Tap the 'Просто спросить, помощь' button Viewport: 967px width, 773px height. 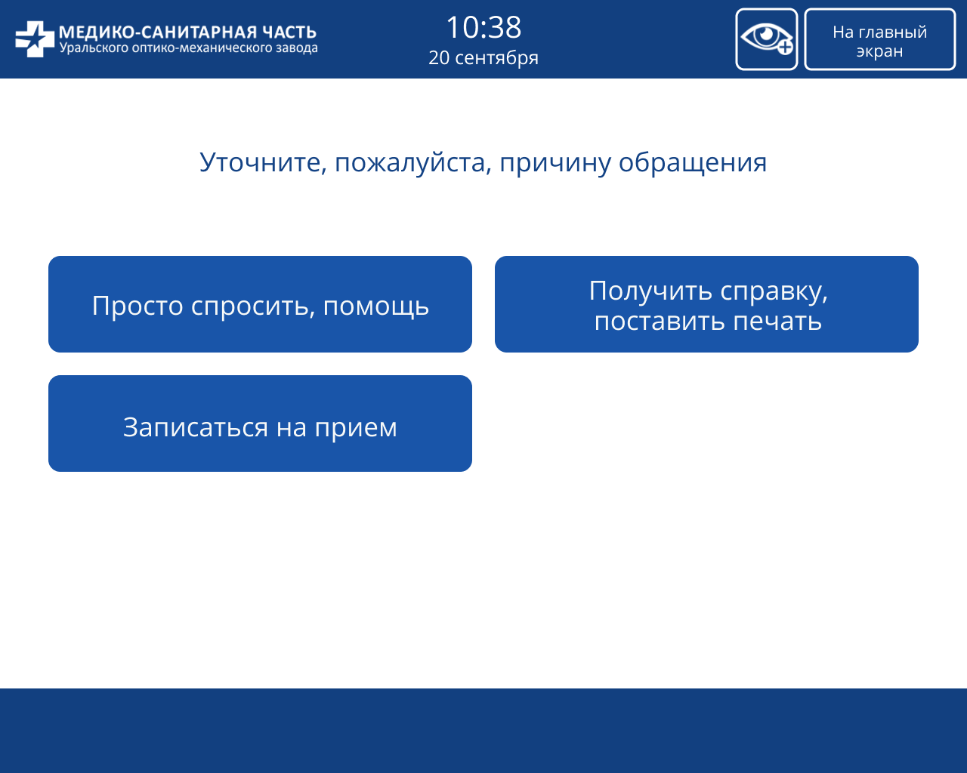point(260,304)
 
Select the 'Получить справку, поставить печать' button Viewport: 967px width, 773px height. point(706,304)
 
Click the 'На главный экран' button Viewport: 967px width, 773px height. point(879,40)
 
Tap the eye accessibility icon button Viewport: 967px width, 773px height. point(766,39)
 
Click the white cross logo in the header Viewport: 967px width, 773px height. point(34,39)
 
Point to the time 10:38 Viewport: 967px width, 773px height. point(483,28)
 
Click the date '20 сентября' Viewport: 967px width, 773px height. point(483,58)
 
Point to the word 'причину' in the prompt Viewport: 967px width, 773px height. point(555,162)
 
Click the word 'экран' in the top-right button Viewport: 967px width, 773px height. point(879,51)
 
